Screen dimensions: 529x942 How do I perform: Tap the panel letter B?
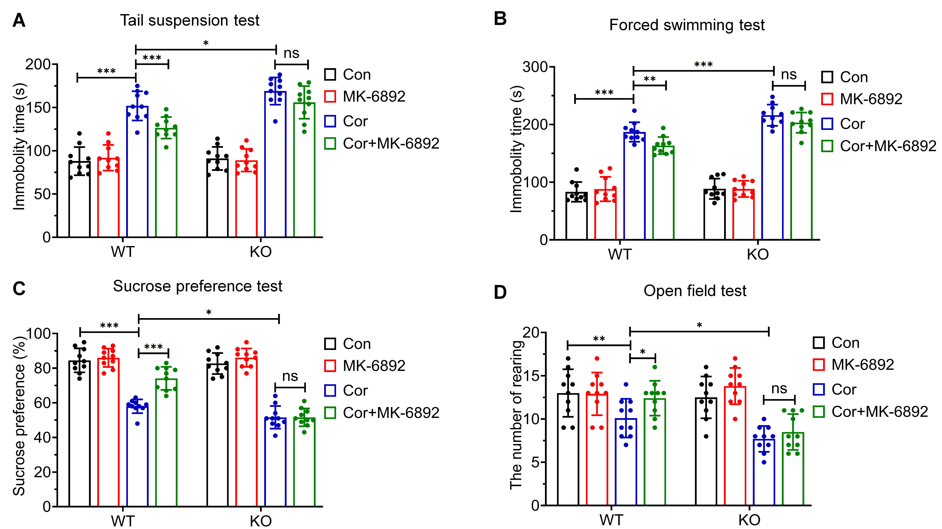(500, 18)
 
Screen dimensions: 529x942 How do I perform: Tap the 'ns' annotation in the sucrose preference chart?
(290, 376)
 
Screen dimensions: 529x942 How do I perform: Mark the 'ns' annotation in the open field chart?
(779, 388)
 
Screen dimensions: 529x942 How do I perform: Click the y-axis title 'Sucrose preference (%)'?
(19, 415)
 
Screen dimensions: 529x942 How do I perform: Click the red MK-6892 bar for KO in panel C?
(246, 432)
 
